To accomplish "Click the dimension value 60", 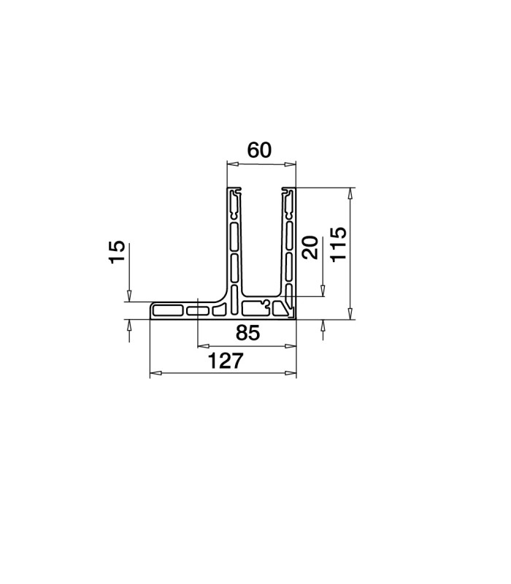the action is pos(259,150).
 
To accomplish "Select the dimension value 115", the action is pos(339,244).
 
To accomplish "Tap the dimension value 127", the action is pos(226,361).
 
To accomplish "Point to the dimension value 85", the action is pos(247,333).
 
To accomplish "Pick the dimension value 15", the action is pos(117,252).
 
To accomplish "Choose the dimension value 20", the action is pos(310,247).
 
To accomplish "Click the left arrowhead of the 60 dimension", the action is pos(232,164).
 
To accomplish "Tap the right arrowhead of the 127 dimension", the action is pos(291,373).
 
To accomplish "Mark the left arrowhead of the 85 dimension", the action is pos(203,346).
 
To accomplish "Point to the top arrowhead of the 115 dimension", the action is pos(350,193).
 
